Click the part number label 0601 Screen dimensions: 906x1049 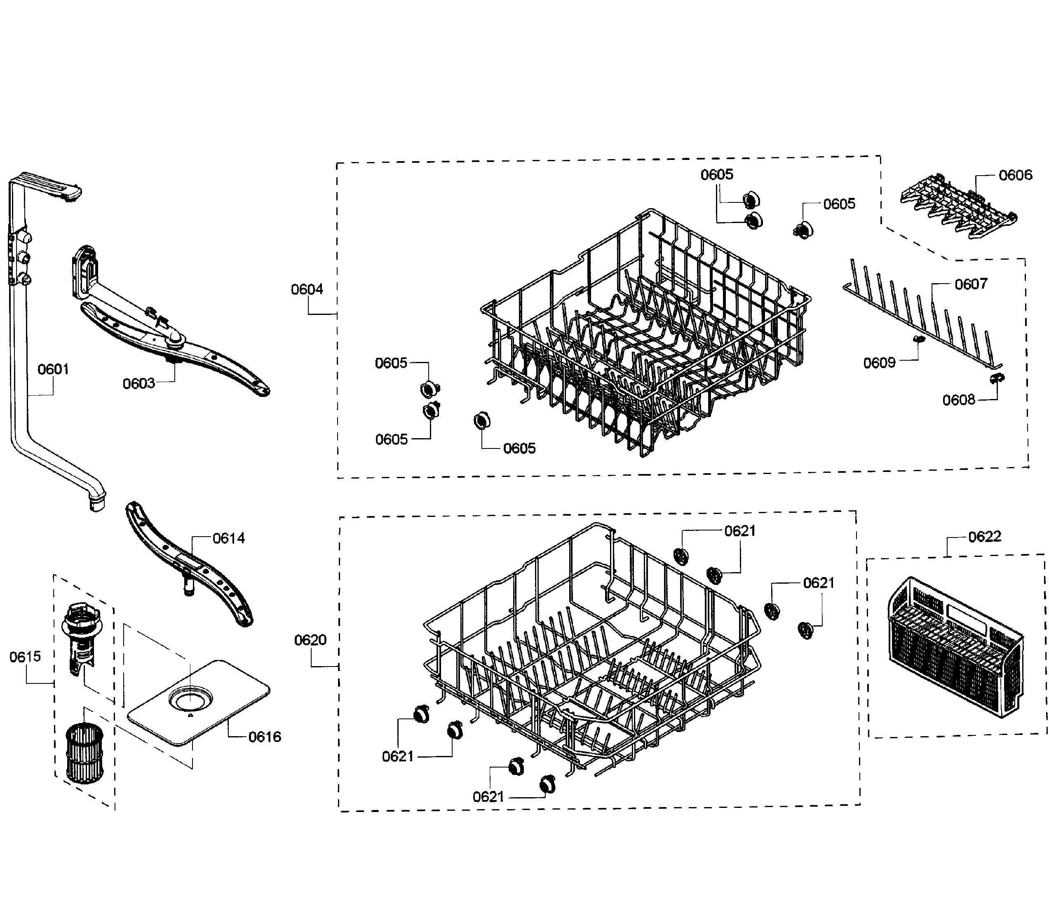pos(53,369)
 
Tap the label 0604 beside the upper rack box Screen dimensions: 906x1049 pos(307,289)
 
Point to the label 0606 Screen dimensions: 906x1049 pos(1015,175)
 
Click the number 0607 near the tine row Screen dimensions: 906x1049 pos(971,284)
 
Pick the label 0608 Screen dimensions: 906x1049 pos(958,400)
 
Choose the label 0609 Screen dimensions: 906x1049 pos(880,363)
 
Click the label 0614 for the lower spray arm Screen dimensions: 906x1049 pos(228,538)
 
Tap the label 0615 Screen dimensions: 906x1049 pos(25,657)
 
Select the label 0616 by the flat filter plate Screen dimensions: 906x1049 pos(264,737)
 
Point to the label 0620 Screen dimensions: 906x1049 pos(310,640)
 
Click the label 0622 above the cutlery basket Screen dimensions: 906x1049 pos(984,536)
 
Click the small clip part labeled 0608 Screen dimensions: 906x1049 pos(997,378)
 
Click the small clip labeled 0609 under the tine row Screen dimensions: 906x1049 pos(918,339)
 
